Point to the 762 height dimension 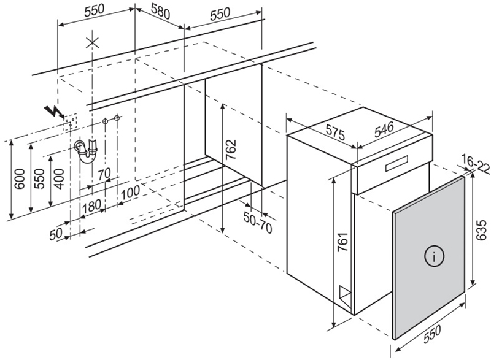pyautogui.click(x=231, y=151)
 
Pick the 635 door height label pyautogui.click(x=481, y=229)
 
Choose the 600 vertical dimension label pyautogui.click(x=18, y=178)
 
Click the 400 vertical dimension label pyautogui.click(x=58, y=178)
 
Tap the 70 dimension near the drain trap pyautogui.click(x=104, y=174)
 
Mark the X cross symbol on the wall pyautogui.click(x=92, y=42)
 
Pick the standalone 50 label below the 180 pyautogui.click(x=56, y=234)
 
